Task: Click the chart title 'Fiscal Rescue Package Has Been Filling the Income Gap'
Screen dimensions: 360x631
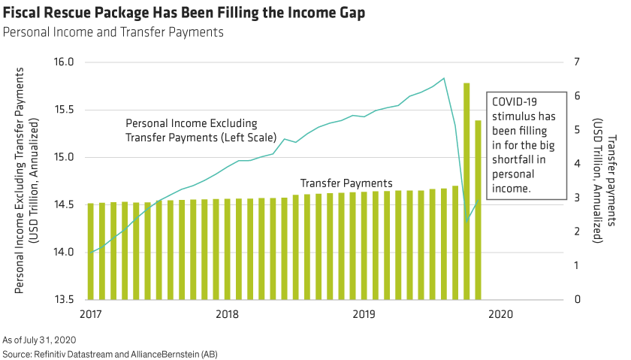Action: click(x=185, y=14)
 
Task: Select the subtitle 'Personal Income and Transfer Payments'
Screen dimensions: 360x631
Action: click(x=113, y=32)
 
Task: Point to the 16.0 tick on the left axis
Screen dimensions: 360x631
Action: click(x=65, y=62)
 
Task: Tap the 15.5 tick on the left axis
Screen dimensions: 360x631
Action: click(x=65, y=110)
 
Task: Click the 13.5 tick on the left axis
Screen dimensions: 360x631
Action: click(x=65, y=299)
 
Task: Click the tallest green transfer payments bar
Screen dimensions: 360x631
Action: click(x=466, y=188)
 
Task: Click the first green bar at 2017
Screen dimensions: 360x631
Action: click(x=90, y=251)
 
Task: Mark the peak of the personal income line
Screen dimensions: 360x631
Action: click(x=444, y=78)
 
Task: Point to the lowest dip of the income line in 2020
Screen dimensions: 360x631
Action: click(x=466, y=222)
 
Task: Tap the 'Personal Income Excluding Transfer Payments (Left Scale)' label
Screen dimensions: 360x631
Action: click(x=191, y=130)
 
